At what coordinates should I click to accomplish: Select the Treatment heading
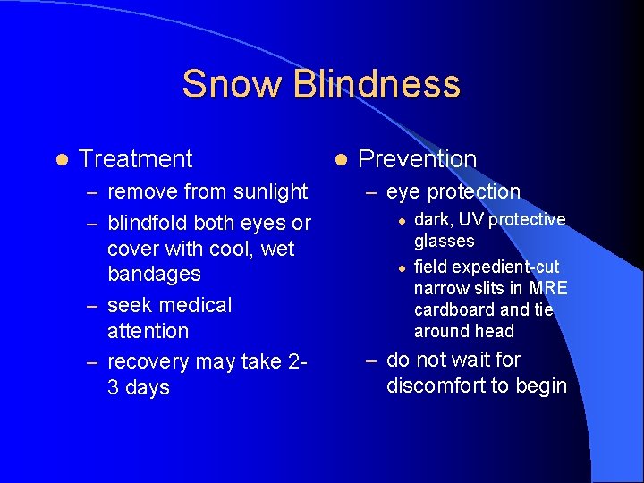tap(135, 159)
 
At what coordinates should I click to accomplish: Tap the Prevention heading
tap(417, 159)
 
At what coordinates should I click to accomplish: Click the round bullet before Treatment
tap(60, 159)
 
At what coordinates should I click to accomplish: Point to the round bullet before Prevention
tap(340, 159)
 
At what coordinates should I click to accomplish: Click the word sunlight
tap(269, 191)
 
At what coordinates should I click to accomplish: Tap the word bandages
tap(154, 274)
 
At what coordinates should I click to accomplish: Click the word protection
tap(473, 191)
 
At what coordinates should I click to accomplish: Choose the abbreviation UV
tap(469, 220)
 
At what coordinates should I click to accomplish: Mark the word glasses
tap(444, 241)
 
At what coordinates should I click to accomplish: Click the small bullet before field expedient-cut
tap(402, 267)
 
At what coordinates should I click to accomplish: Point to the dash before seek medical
tap(92, 306)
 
